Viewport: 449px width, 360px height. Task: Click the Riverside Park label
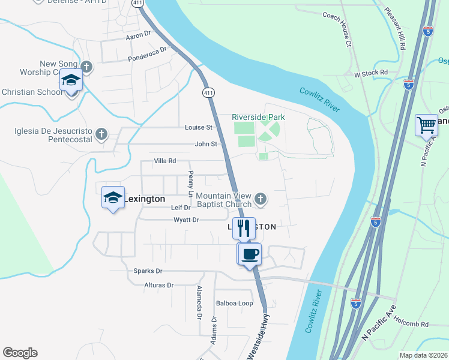pyautogui.click(x=258, y=117)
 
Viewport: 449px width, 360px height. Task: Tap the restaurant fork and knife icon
pyautogui.click(x=244, y=228)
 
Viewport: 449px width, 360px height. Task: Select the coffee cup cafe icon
pyautogui.click(x=250, y=253)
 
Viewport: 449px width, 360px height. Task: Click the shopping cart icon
pyautogui.click(x=426, y=125)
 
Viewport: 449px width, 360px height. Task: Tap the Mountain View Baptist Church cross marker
pyautogui.click(x=260, y=198)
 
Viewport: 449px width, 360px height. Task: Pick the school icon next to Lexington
pyautogui.click(x=113, y=197)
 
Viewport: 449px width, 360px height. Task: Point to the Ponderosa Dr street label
pyautogui.click(x=147, y=55)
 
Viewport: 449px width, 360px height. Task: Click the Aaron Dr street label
pyautogui.click(x=137, y=36)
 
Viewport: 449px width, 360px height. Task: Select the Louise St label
pyautogui.click(x=199, y=127)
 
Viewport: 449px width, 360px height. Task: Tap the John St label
pyautogui.click(x=205, y=144)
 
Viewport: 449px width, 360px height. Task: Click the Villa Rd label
pyautogui.click(x=164, y=161)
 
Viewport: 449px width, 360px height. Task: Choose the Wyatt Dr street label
pyautogui.click(x=185, y=220)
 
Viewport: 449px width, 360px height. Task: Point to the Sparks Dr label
pyautogui.click(x=148, y=271)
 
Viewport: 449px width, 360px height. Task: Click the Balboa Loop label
pyautogui.click(x=235, y=303)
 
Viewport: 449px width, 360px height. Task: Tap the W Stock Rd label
pyautogui.click(x=371, y=73)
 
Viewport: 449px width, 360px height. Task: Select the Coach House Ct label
pyautogui.click(x=337, y=27)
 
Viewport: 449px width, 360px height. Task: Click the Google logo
pyautogui.click(x=20, y=353)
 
